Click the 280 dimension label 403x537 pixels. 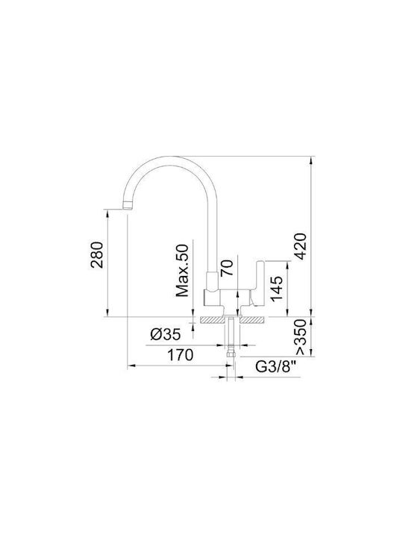pos(96,255)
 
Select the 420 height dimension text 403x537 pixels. pos(300,246)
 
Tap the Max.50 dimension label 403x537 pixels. pos(182,271)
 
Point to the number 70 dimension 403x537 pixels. pos(227,268)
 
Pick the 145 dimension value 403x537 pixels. pos(277,289)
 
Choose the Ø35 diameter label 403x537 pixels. pos(165,334)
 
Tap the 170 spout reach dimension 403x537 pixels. pos(181,355)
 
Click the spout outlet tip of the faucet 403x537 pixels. pos(127,207)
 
